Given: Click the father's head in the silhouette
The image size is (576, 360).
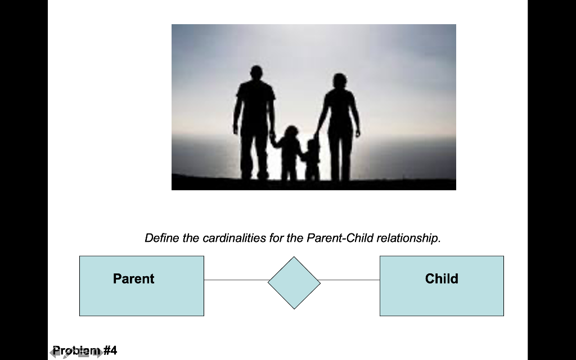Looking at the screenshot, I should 256,73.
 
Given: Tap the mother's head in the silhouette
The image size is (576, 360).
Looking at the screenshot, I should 339,80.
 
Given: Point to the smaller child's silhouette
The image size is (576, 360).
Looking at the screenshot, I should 312,160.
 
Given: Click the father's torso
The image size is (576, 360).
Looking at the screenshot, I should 255,104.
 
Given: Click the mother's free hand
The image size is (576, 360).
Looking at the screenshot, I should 358,134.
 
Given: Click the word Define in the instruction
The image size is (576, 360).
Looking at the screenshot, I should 160,238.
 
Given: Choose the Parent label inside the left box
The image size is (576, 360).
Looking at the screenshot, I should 133,278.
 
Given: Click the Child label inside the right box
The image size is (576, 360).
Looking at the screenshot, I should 442,278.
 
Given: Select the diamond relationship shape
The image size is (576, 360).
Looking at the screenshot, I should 294,283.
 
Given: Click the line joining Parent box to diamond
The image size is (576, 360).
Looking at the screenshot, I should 236,280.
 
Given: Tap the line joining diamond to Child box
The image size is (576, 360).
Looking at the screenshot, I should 350,280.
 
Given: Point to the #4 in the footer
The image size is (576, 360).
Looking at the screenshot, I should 110,350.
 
